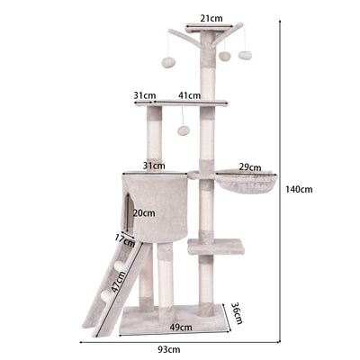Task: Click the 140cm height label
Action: click(299, 189)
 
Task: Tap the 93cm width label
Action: click(169, 349)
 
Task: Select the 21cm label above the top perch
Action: click(211, 19)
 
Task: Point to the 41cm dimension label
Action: click(189, 95)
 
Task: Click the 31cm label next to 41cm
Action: click(145, 95)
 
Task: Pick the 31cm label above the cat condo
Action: click(154, 166)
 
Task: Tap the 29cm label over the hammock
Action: click(250, 167)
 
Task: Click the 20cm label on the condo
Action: click(144, 213)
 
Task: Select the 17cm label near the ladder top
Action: click(125, 240)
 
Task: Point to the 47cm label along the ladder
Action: click(117, 282)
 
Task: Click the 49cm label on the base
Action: click(181, 327)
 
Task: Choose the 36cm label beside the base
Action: click(237, 313)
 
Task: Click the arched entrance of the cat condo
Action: click(129, 211)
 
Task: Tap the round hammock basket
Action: click(247, 182)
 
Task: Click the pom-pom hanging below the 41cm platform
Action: click(184, 130)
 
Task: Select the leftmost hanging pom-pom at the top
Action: click(168, 62)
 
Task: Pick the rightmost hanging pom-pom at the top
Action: click(245, 55)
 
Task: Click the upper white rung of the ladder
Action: click(120, 265)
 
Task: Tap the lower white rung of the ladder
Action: click(107, 295)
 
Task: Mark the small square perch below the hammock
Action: click(216, 247)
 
